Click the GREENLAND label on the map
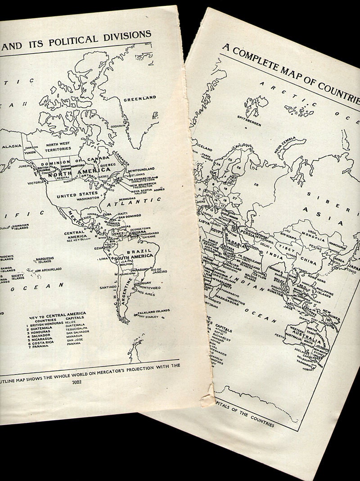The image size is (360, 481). [x=139, y=98]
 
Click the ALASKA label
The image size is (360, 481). [x=11, y=147]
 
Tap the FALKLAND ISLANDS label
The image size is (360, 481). [x=153, y=311]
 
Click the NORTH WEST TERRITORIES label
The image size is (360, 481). [x=58, y=146]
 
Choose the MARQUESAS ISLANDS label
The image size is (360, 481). [x=45, y=260]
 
